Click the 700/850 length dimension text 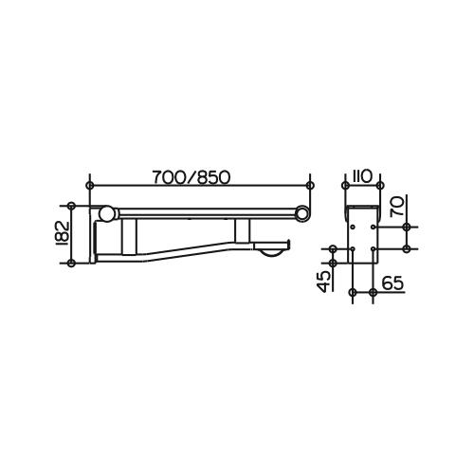pos(191,177)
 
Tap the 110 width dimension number pos(362,177)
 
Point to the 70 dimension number pos(397,206)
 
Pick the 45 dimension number pos(325,282)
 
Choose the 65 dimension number pos(393,283)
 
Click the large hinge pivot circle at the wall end pos(106,213)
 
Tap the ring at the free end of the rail pos(302,213)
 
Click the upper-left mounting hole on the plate pos(354,227)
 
